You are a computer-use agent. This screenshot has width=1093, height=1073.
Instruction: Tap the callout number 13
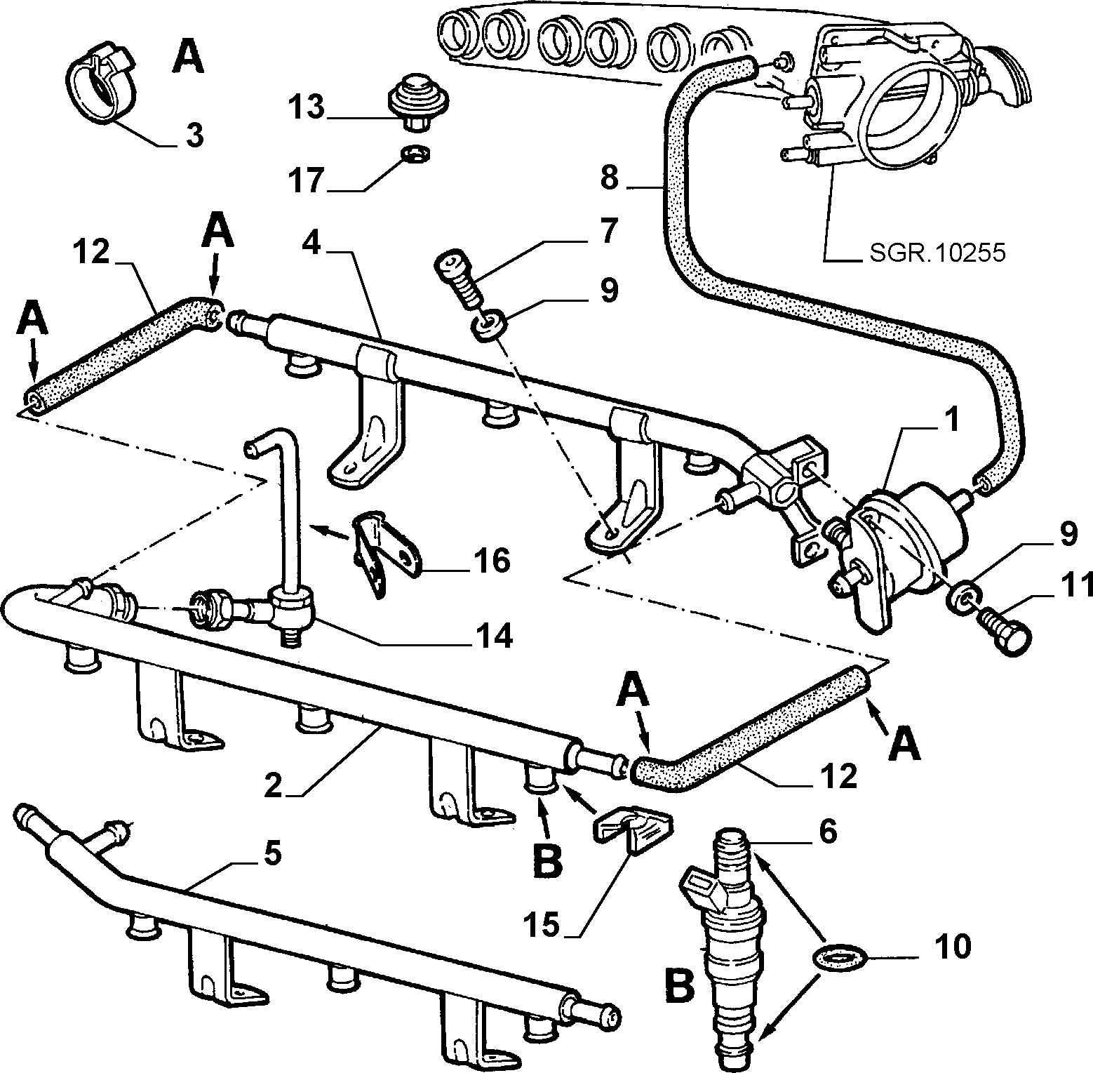tap(307, 109)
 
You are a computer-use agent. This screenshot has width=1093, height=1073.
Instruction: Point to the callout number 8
tap(610, 178)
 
